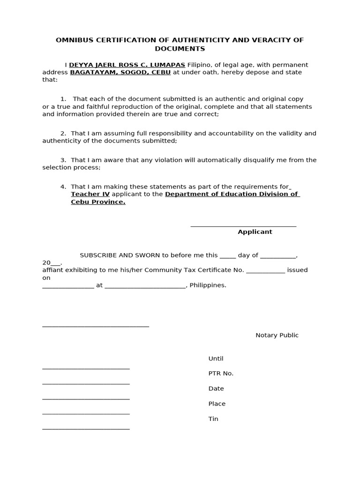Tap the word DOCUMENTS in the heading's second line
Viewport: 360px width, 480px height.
pos(180,49)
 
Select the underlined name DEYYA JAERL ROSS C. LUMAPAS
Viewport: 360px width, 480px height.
pos(127,65)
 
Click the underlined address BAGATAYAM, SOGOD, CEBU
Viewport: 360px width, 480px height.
pos(120,72)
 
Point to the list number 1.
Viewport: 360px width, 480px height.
pos(63,99)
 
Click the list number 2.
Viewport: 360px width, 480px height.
pos(63,134)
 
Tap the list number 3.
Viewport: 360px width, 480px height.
pos(63,160)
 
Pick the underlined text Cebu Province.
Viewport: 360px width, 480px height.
pos(98,202)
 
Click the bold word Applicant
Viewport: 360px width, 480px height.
pos(255,232)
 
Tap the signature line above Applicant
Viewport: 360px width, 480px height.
pos(243,226)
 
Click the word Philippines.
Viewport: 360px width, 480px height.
pos(208,285)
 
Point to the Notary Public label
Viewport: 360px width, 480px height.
pos(277,335)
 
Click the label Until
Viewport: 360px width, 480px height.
pos(216,359)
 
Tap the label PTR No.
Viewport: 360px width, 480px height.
pos(221,374)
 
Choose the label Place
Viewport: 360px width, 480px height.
pos(217,404)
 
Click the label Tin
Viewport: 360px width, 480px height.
pos(213,419)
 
